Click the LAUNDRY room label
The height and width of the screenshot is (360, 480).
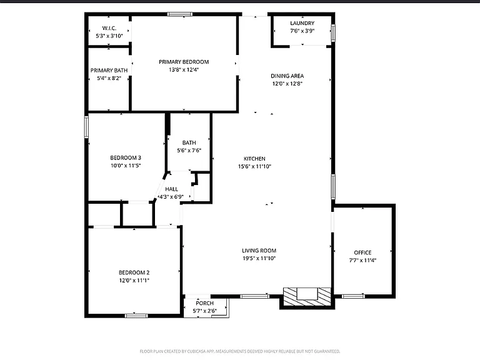pyautogui.click(x=302, y=23)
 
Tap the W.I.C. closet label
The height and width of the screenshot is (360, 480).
pyautogui.click(x=109, y=28)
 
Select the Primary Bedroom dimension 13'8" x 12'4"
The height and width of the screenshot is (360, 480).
pyautogui.click(x=184, y=70)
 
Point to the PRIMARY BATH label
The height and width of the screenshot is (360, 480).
pyautogui.click(x=109, y=71)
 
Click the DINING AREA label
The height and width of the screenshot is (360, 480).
pyautogui.click(x=287, y=76)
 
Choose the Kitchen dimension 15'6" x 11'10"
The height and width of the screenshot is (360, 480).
pyautogui.click(x=255, y=166)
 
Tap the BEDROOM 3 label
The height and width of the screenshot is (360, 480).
pyautogui.click(x=126, y=158)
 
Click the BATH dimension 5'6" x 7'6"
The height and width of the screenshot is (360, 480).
pyautogui.click(x=189, y=151)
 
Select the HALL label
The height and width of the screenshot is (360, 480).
pyautogui.click(x=171, y=189)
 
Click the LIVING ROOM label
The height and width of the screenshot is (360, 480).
pyautogui.click(x=259, y=251)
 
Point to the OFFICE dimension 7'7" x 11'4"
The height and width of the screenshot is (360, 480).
pyautogui.click(x=362, y=261)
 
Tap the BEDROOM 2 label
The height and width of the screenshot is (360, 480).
pyautogui.click(x=134, y=272)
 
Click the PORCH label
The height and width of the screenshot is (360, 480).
pyautogui.click(x=204, y=303)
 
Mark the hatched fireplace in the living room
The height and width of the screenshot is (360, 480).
pyautogui.click(x=307, y=297)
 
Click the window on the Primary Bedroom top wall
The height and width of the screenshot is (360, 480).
pyautogui.click(x=180, y=14)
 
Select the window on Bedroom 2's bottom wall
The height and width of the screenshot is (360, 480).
pyautogui.click(x=136, y=316)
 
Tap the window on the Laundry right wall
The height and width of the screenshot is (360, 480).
pyautogui.click(x=333, y=32)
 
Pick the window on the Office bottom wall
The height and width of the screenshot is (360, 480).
pyautogui.click(x=353, y=296)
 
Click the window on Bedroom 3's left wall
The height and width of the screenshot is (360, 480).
pyautogui.click(x=87, y=127)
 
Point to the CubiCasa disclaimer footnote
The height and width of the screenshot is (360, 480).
pyautogui.click(x=240, y=351)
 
